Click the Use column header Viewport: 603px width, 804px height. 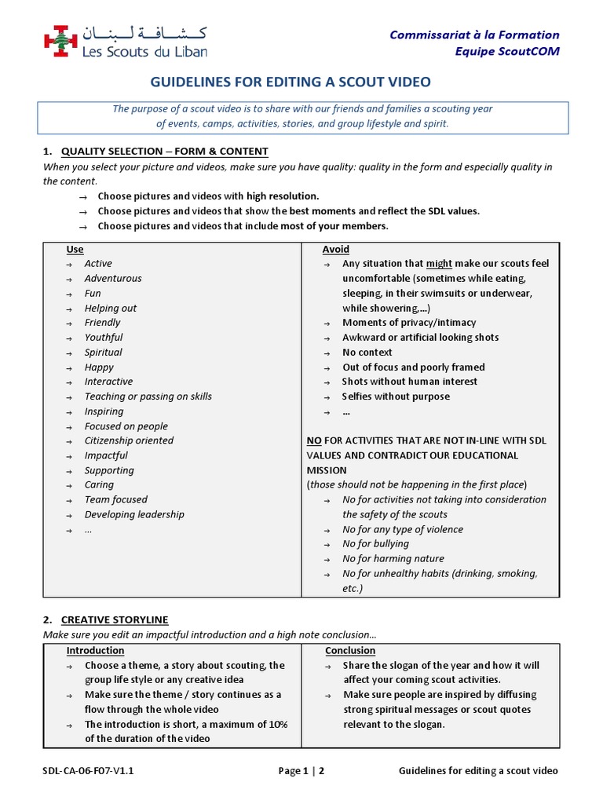click(x=75, y=249)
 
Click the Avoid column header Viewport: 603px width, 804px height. click(x=336, y=249)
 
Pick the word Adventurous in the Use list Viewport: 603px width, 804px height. click(x=113, y=278)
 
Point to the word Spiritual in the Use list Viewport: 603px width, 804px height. click(x=104, y=352)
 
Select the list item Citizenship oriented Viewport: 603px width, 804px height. click(x=129, y=440)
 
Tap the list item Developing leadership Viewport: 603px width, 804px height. click(x=134, y=514)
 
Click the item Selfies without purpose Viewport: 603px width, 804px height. click(x=396, y=397)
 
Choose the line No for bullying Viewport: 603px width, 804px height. click(x=375, y=543)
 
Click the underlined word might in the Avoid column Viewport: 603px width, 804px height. click(x=439, y=264)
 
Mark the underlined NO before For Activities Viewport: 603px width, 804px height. click(x=314, y=440)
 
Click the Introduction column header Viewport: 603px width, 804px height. click(x=95, y=650)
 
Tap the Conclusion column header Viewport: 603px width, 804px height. click(x=350, y=650)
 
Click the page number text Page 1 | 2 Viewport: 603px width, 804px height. click(x=301, y=770)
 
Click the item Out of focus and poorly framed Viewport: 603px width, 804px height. click(x=413, y=367)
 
